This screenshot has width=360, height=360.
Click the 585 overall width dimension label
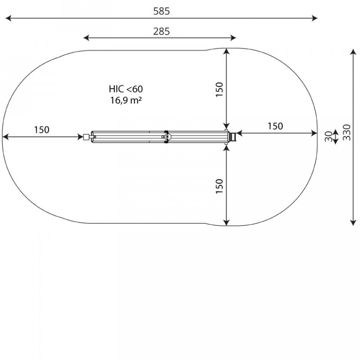161,11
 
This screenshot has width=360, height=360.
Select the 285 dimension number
161,31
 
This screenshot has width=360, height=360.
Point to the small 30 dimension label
329,136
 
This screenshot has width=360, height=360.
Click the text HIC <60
126,89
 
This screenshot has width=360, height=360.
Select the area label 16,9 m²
126,100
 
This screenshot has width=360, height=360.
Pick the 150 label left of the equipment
42,130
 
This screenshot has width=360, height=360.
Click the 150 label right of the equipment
275,126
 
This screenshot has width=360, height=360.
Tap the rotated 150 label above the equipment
219,90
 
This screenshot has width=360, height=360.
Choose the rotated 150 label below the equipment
219,186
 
